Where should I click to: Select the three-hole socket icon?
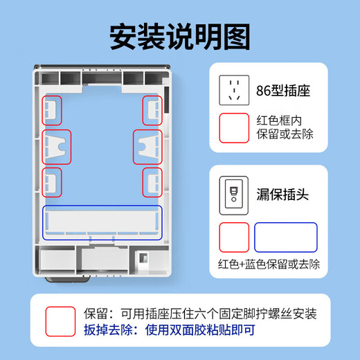(234, 89)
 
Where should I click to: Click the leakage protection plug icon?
(234, 193)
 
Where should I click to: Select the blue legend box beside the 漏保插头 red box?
(286, 237)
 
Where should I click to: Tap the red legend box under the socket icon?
(234, 127)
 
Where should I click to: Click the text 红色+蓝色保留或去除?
(269, 264)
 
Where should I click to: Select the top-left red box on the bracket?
(53, 109)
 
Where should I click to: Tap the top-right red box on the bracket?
(152, 109)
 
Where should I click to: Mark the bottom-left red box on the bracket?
(53, 182)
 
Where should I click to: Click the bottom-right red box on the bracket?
(152, 182)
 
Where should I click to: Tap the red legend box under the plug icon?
(234, 237)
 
